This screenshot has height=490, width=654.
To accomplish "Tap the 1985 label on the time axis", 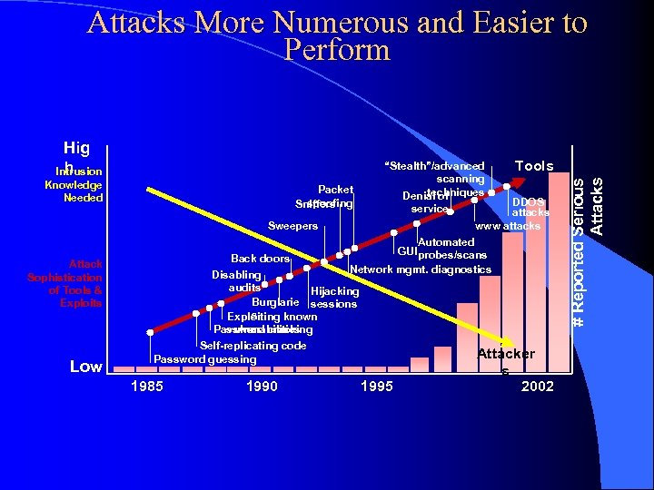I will [x=148, y=387].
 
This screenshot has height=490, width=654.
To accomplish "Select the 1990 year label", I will [x=262, y=387].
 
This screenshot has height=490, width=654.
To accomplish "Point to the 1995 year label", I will [x=376, y=387].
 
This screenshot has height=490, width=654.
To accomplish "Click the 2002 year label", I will [x=538, y=387].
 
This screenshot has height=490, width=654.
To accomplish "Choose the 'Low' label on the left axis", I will [x=86, y=367].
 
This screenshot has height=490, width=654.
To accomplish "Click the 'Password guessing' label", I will [x=205, y=359].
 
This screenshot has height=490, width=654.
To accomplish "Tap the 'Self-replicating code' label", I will [x=253, y=346].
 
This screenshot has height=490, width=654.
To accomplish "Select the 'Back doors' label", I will [x=260, y=259].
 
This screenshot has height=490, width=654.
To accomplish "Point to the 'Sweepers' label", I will [x=292, y=226].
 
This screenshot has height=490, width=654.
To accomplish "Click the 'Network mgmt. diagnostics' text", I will [x=421, y=269].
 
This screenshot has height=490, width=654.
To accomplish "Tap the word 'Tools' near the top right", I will [x=534, y=166].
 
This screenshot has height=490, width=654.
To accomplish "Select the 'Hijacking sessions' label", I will [x=334, y=298].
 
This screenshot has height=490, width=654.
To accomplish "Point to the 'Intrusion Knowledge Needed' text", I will [x=76, y=184].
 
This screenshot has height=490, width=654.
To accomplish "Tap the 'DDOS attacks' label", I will [x=530, y=207].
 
